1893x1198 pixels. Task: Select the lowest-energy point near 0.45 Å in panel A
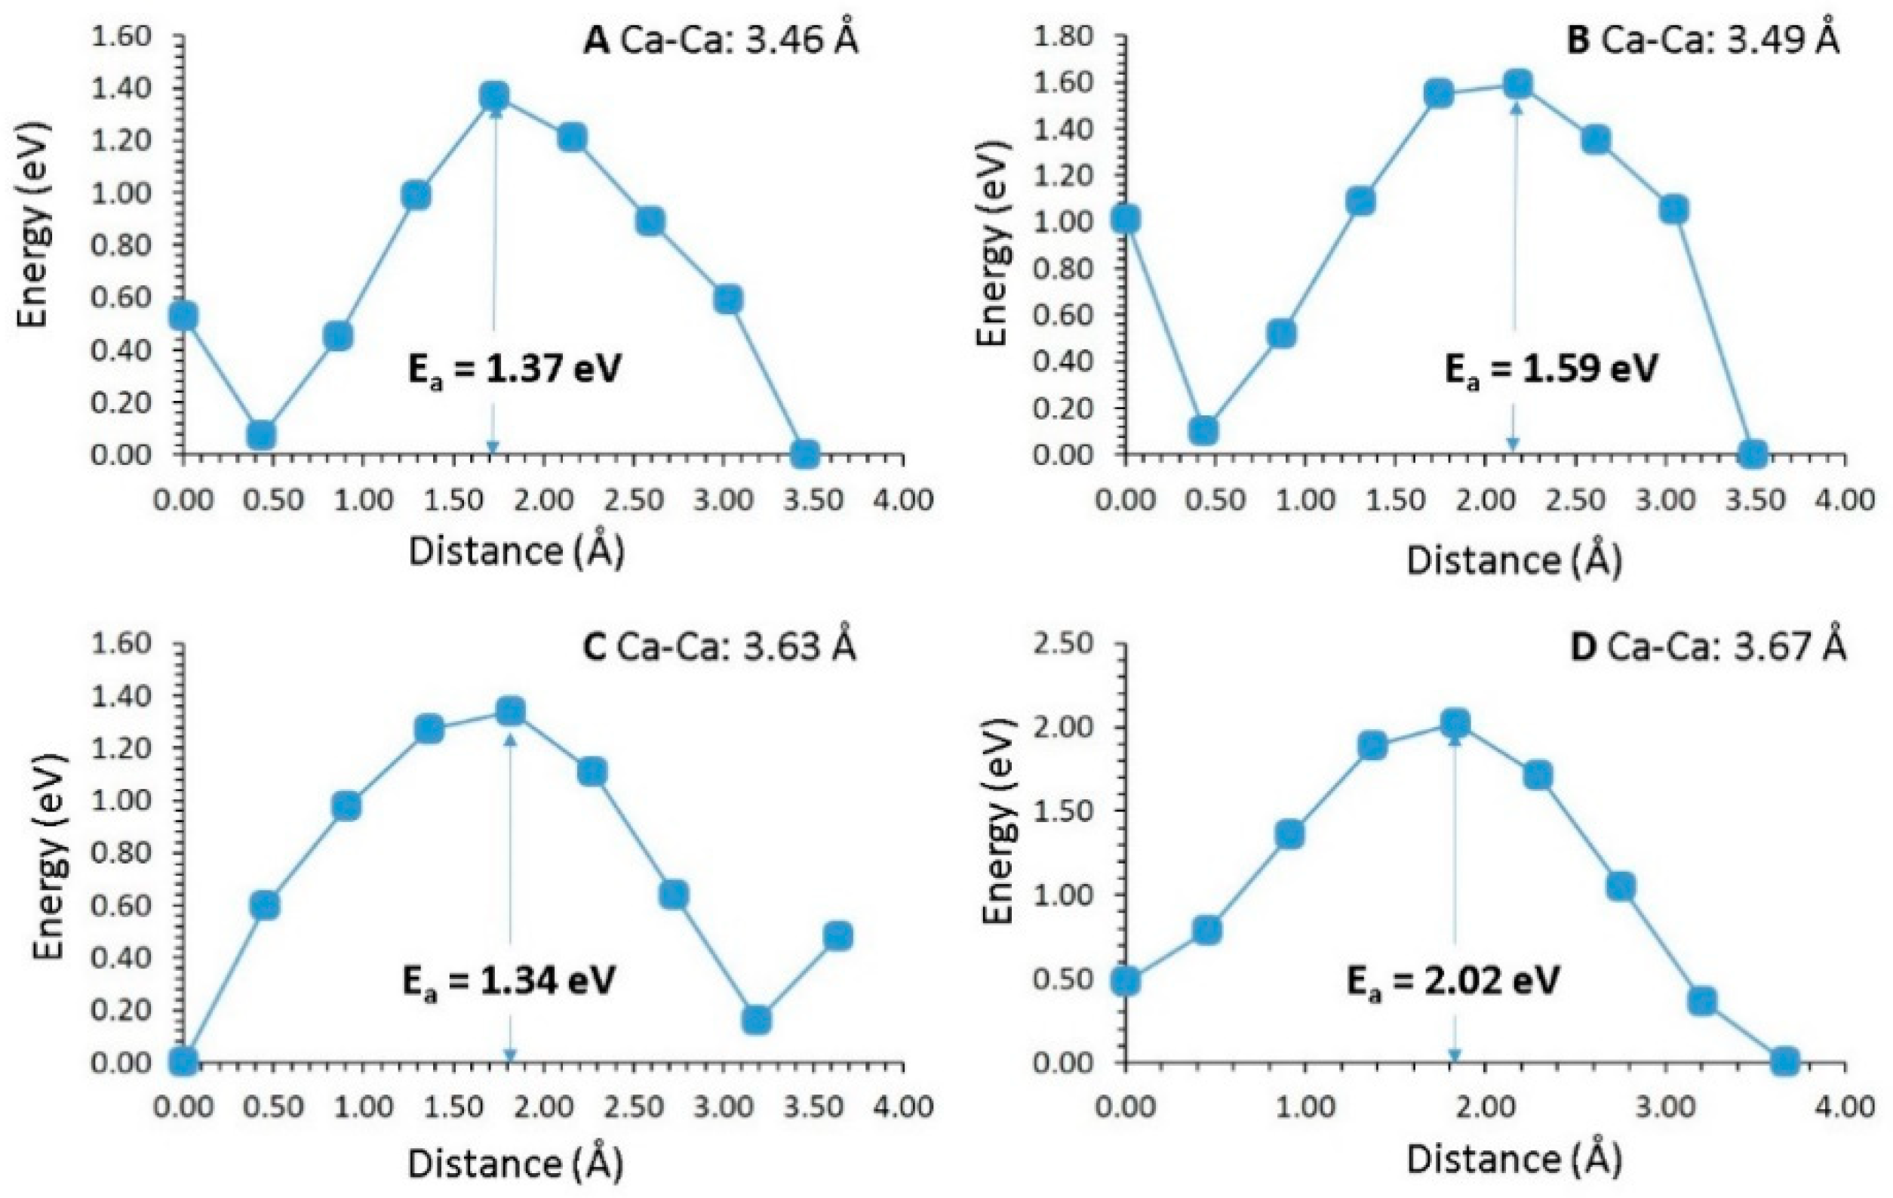pos(260,434)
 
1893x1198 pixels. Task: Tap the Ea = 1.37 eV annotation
pos(515,368)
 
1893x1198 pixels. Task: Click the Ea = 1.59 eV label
pos(1551,368)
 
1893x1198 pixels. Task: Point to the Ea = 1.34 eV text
pos(509,980)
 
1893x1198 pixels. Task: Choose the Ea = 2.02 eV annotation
pos(1453,980)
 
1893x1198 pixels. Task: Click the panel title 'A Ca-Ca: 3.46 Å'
pos(720,39)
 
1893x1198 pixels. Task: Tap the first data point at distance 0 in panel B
pos(1126,220)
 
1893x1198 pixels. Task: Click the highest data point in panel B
pos(1517,83)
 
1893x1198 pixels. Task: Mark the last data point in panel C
pos(838,936)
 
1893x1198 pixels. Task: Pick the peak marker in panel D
pos(1455,722)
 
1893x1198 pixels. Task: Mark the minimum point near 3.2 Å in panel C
pos(755,1021)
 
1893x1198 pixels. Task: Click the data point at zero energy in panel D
pos(1784,1061)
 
